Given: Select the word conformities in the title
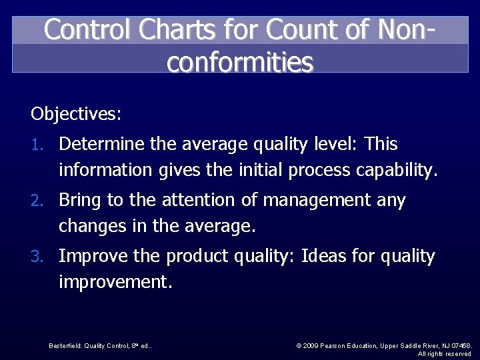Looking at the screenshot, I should tap(240, 62).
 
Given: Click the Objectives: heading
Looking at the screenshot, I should tap(76, 114).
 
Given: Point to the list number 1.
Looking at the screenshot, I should tap(39, 145).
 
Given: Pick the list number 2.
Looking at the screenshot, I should tap(39, 201).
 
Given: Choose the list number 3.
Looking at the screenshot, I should tap(39, 257).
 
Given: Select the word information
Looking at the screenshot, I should tap(105, 171).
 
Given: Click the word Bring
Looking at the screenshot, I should tap(79, 200).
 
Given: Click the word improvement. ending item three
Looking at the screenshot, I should tap(115, 283).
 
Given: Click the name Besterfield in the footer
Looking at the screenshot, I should tap(65, 345).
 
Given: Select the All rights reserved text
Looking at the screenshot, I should tap(445, 353).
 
